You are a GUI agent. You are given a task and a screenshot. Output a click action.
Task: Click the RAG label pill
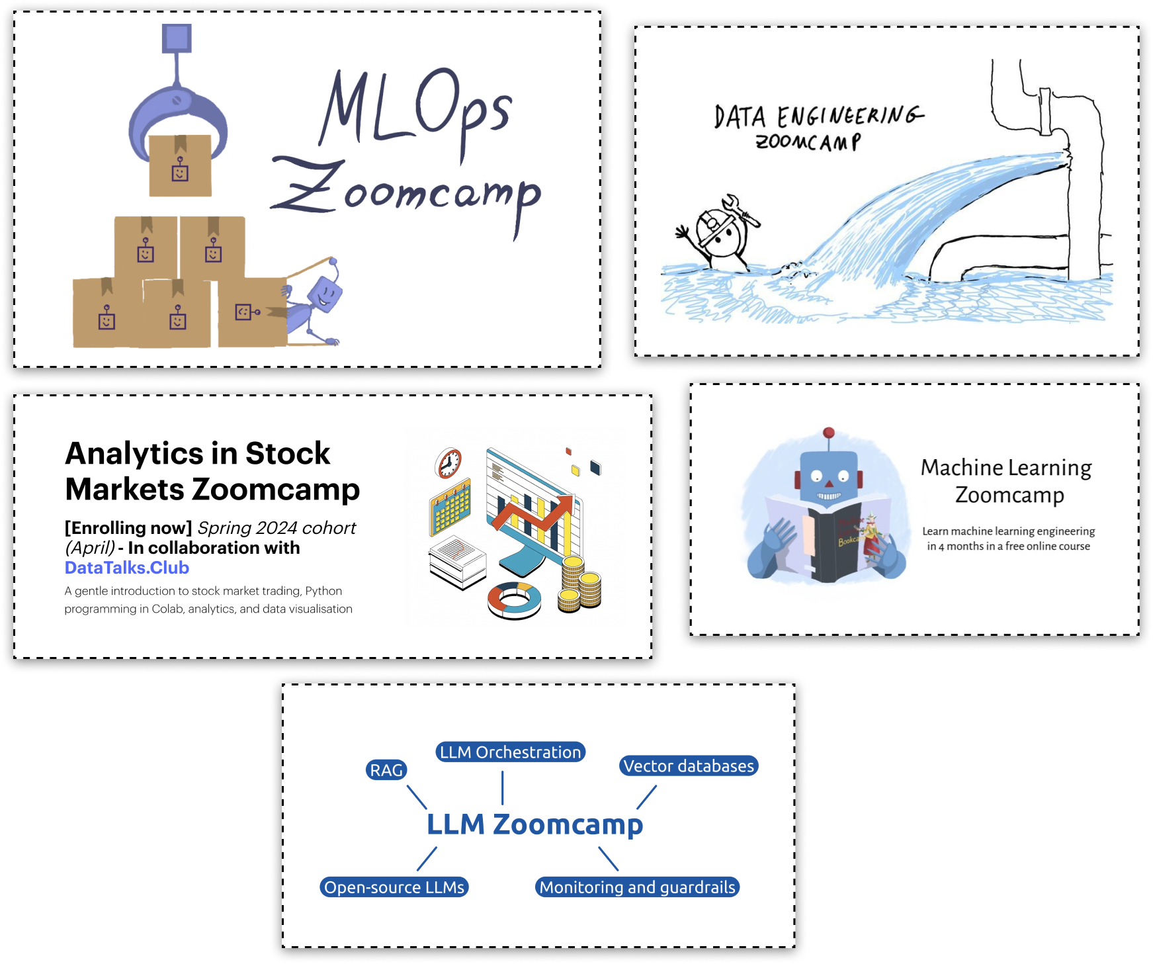pyautogui.click(x=386, y=770)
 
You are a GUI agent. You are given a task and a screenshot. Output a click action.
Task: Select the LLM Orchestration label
pyautogui.click(x=510, y=752)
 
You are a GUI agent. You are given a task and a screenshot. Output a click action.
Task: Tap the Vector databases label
pyautogui.click(x=689, y=766)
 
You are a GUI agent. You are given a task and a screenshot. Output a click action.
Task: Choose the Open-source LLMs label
pyautogui.click(x=394, y=887)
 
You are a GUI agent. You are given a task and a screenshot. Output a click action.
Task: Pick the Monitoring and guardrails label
pyautogui.click(x=637, y=887)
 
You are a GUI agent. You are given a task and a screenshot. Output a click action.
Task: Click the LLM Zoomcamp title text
pyautogui.click(x=534, y=825)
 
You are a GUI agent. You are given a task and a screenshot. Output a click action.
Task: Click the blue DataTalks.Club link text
pyautogui.click(x=127, y=568)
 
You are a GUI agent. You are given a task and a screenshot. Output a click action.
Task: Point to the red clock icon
pyautogui.click(x=448, y=462)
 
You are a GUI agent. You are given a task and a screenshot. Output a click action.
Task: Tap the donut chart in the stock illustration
pyautogui.click(x=514, y=599)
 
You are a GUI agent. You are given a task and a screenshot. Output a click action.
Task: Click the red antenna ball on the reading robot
pyautogui.click(x=828, y=433)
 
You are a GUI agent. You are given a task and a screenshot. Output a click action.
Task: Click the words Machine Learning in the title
pyautogui.click(x=1005, y=468)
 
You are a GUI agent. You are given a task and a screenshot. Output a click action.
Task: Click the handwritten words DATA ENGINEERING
pyautogui.click(x=818, y=116)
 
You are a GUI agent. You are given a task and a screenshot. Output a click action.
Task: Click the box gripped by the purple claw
pyautogui.click(x=180, y=165)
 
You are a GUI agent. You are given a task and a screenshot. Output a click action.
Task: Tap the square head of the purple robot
pyautogui.click(x=325, y=294)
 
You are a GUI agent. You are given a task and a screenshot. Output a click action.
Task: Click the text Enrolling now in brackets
pyautogui.click(x=128, y=528)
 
